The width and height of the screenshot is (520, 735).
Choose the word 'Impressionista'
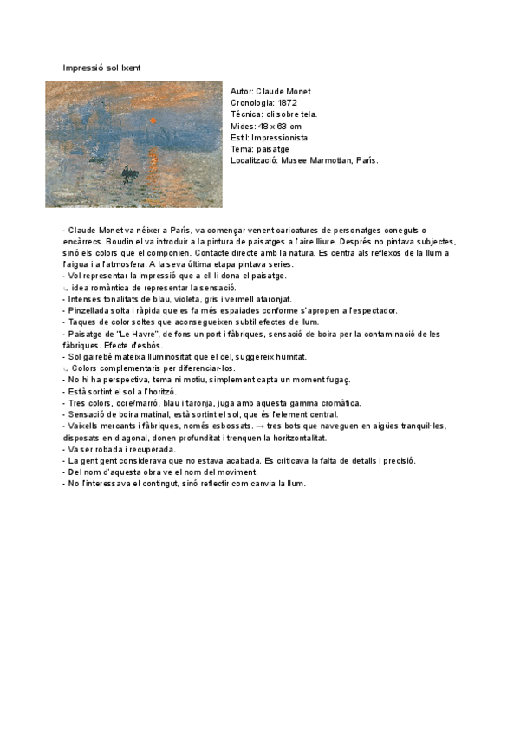[x=279, y=138]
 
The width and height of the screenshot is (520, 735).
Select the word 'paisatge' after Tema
[x=273, y=149]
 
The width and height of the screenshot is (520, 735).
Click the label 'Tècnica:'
[x=249, y=114]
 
